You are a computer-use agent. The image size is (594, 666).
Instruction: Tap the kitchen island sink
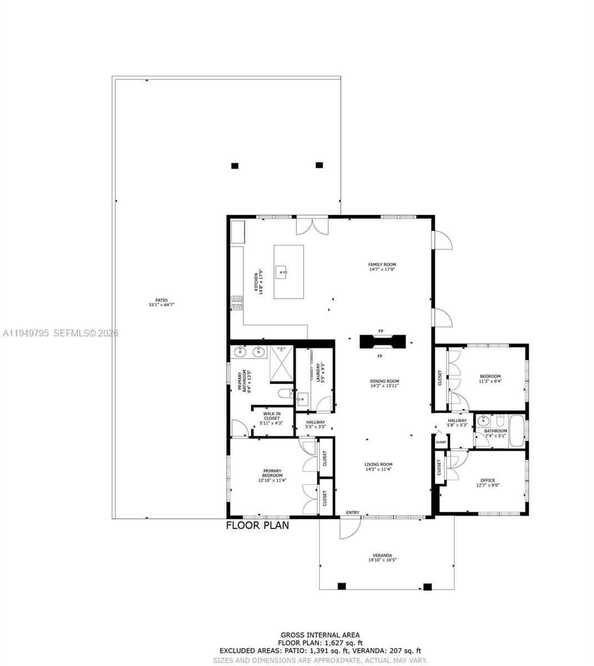[x=283, y=273]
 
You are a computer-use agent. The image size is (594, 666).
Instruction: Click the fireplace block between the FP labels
[x=382, y=342]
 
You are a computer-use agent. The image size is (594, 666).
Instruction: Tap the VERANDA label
[x=382, y=556]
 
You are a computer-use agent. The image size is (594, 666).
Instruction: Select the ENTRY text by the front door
[x=353, y=512]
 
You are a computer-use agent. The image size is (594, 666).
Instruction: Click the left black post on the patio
[x=234, y=165]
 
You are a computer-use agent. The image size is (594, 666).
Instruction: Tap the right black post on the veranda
[x=427, y=587]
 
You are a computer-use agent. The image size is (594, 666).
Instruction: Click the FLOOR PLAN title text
[x=257, y=525]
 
